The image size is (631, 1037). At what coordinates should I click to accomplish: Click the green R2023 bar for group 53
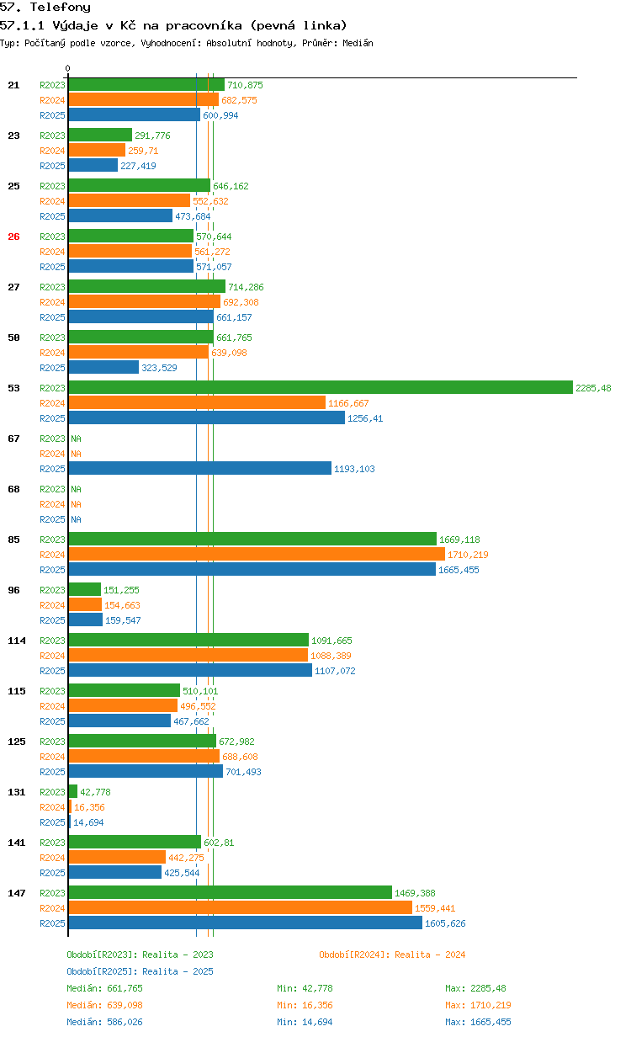[320, 387]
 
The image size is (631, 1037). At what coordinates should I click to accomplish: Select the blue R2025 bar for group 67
[200, 468]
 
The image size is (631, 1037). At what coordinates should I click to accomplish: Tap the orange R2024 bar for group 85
[257, 554]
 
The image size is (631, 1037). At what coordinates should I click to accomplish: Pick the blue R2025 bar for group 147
[245, 923]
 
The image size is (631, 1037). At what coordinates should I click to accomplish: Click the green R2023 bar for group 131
[73, 791]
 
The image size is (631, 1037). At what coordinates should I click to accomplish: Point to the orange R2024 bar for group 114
[188, 655]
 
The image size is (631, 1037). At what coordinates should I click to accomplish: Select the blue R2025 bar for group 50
[103, 367]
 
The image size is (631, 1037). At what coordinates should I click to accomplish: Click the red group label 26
[13, 237]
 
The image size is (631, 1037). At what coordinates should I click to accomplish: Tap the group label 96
[13, 590]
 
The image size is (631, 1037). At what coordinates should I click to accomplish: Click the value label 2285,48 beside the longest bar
[593, 388]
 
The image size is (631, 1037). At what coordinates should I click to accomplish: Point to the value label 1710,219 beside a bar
[468, 555]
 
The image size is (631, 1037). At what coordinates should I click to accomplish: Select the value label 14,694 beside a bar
[88, 822]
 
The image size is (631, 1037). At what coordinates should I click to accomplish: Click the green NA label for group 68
[76, 489]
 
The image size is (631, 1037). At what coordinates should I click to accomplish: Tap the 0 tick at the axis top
[68, 68]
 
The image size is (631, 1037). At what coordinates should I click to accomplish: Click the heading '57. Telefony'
[45, 8]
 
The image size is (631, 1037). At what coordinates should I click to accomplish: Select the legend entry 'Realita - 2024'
[392, 955]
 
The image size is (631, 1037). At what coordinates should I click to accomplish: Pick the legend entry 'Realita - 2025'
[140, 971]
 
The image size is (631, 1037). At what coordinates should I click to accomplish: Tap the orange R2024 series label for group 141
[52, 858]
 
